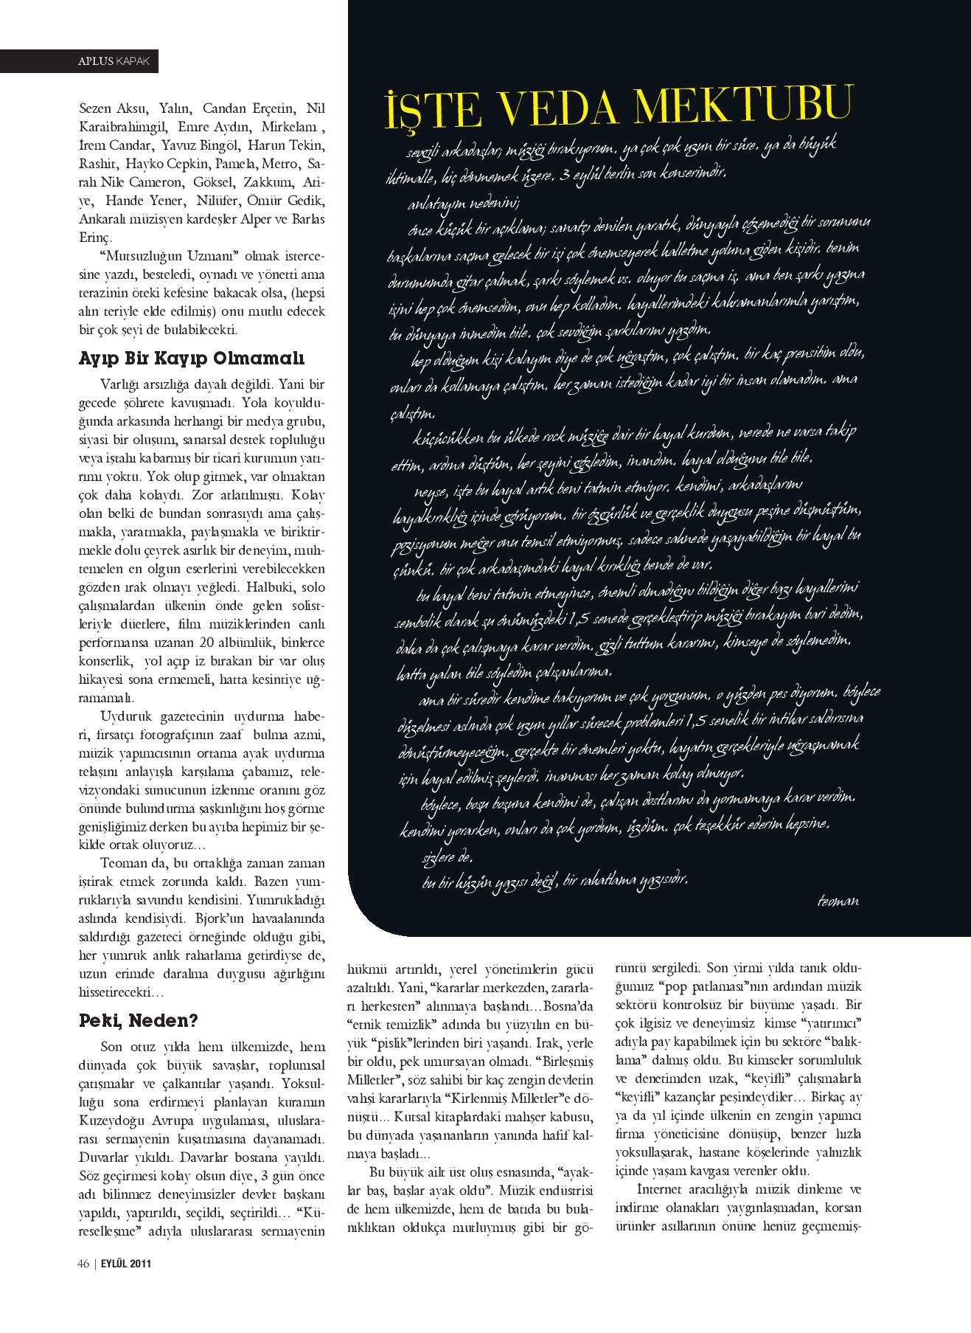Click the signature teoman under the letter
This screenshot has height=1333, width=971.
pos(838,901)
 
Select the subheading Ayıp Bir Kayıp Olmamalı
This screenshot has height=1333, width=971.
pos(191,359)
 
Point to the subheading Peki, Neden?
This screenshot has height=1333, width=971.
pos(139,1021)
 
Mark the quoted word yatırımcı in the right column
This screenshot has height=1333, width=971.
pos(827,1025)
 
